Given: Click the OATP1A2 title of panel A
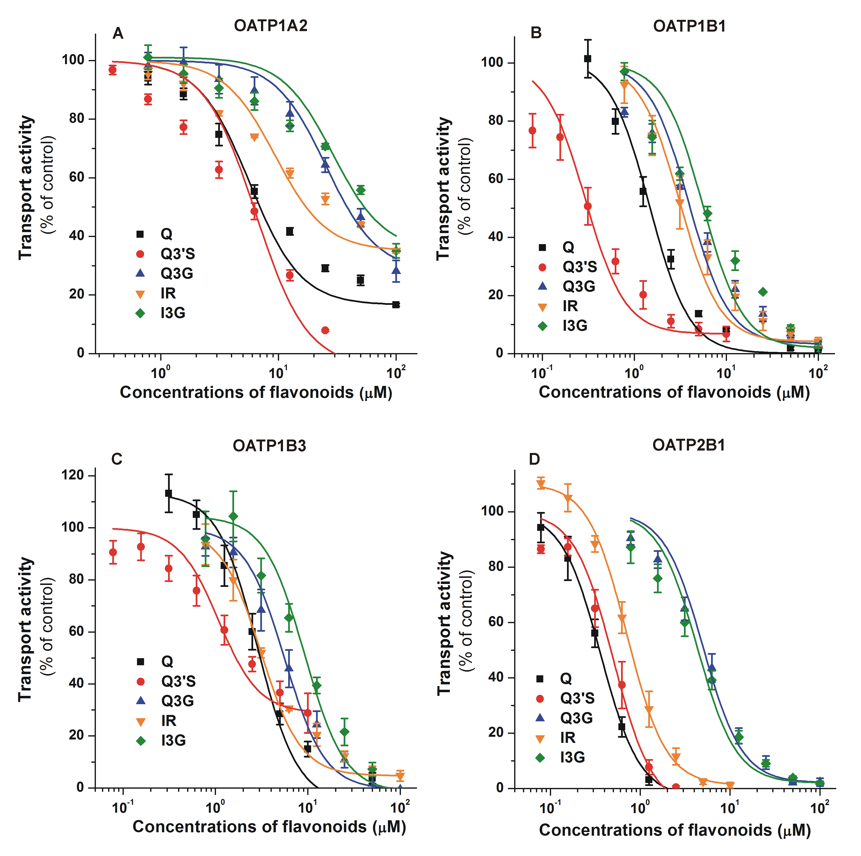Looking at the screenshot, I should tap(271, 26).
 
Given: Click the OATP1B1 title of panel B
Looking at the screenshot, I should tap(689, 26).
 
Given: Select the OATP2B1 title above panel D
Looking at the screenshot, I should tap(689, 445).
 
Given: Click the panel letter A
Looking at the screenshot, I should tap(118, 34).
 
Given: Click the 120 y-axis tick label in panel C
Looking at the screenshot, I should tap(72, 476).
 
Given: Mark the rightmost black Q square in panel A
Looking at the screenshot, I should tap(396, 305).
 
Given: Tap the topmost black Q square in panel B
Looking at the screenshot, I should tap(587, 59).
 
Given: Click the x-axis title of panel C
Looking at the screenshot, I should tap(269, 827).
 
